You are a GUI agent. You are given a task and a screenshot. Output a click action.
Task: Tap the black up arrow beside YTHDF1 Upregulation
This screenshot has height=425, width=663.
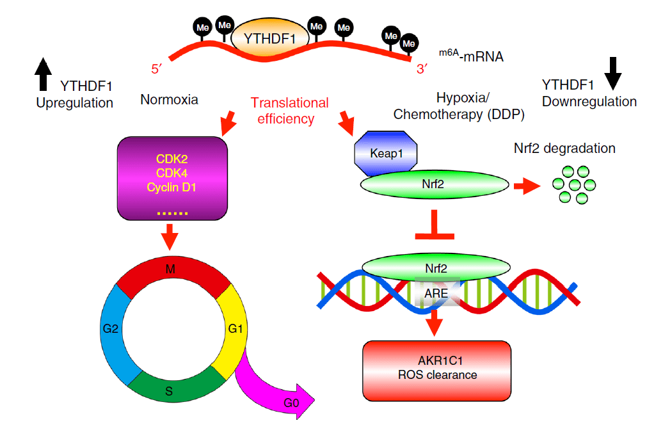click(42, 73)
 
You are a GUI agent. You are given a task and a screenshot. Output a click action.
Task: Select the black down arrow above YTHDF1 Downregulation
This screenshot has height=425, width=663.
click(612, 73)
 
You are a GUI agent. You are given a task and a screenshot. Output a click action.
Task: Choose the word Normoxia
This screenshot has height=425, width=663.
click(170, 100)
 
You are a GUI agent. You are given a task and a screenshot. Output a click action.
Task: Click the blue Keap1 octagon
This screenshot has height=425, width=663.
click(385, 154)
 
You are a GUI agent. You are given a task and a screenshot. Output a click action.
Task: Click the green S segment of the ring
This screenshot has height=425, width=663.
click(169, 387)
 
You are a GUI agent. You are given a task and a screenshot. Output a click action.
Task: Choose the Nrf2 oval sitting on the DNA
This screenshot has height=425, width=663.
click(436, 264)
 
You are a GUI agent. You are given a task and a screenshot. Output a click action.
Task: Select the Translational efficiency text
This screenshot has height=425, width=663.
click(290, 110)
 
